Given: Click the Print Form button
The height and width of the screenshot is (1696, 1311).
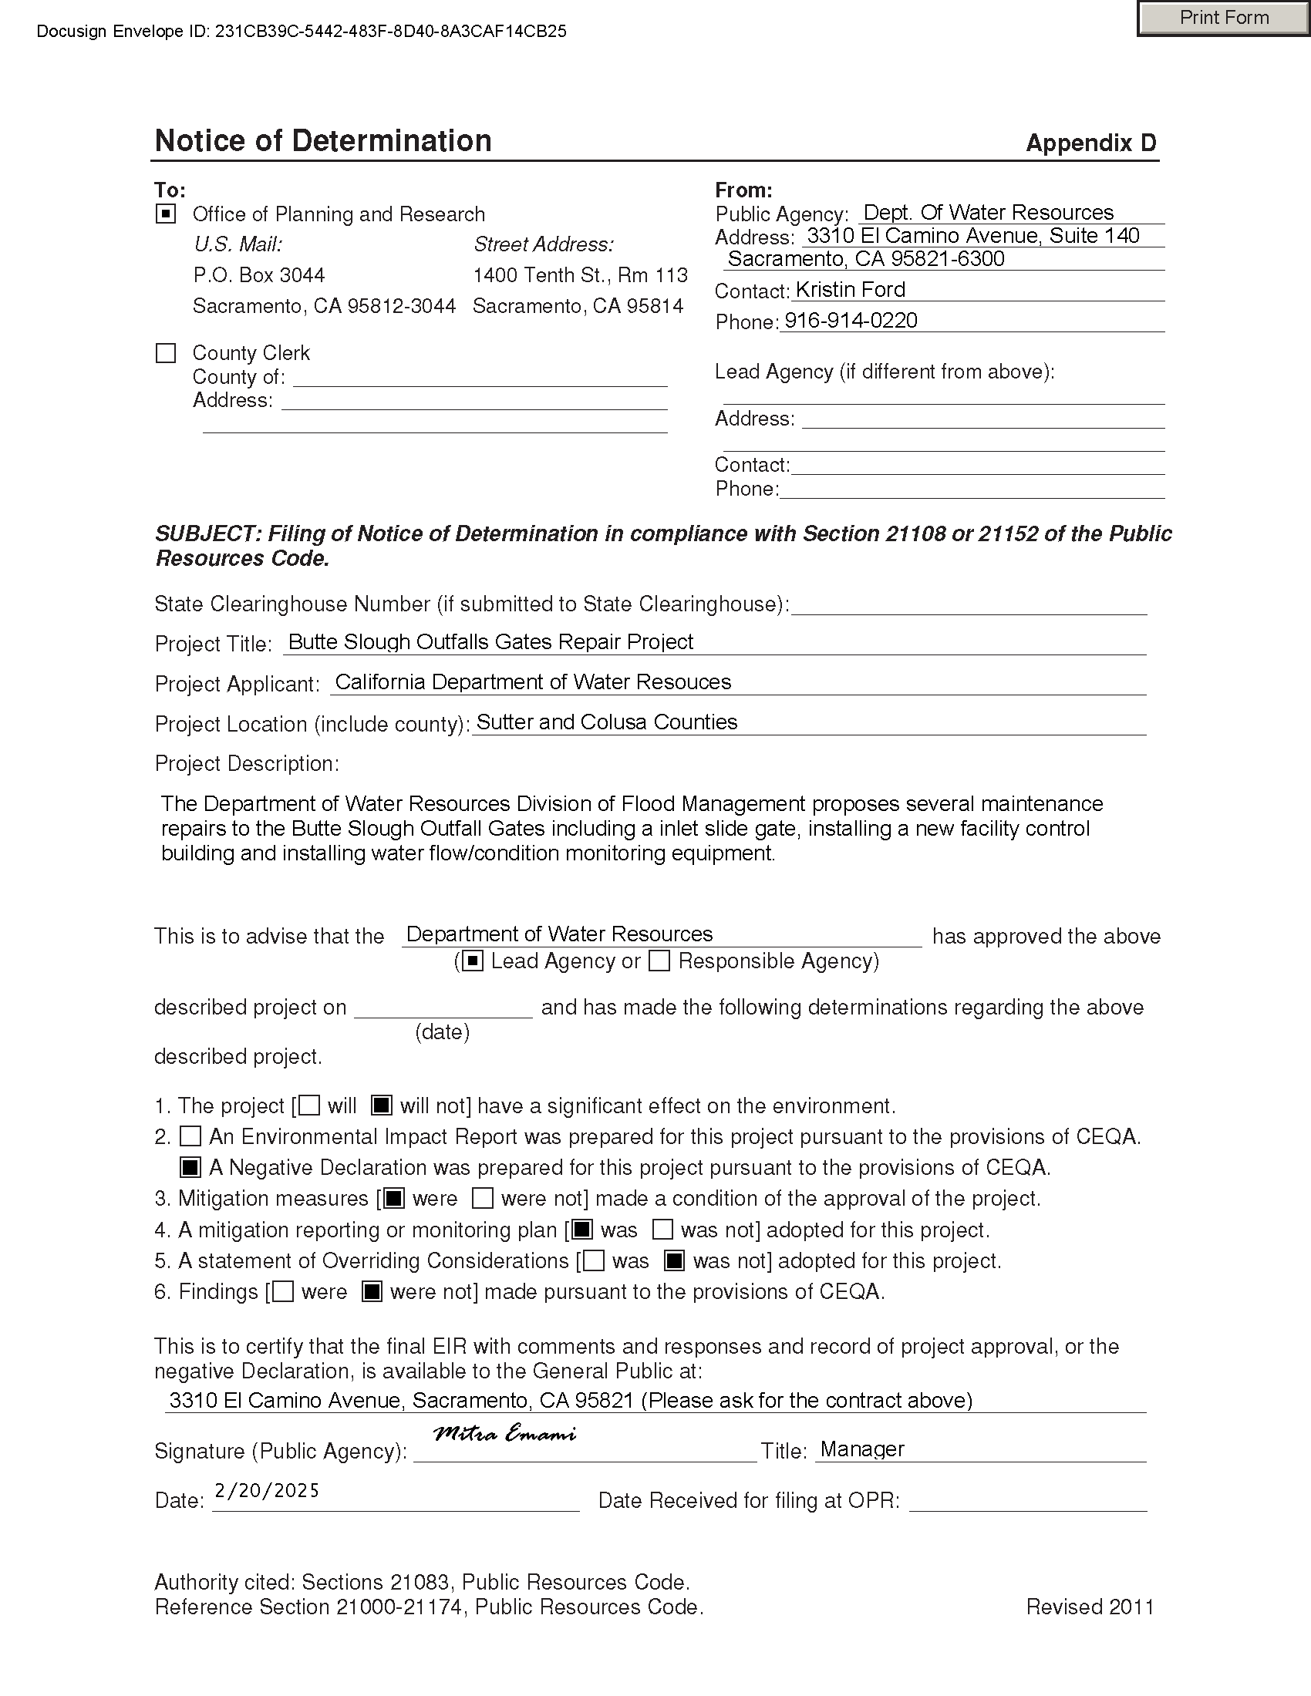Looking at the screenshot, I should pyautogui.click(x=1223, y=18).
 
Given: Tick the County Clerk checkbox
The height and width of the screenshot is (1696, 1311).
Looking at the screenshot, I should pyautogui.click(x=167, y=353).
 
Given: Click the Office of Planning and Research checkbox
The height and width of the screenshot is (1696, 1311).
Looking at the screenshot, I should pyautogui.click(x=167, y=214).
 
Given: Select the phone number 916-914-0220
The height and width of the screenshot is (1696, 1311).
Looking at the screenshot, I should pyautogui.click(x=851, y=321).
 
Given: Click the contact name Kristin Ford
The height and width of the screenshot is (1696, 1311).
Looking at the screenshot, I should pyautogui.click(x=851, y=290).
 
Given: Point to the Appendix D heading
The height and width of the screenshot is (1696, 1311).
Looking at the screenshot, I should pyautogui.click(x=1090, y=143).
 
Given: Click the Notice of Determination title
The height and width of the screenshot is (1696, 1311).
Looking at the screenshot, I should pyautogui.click(x=323, y=141).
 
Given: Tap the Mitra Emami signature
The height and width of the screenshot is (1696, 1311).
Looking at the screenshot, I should pyautogui.click(x=505, y=1434).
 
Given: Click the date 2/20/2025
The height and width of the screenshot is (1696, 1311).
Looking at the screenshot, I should pyautogui.click(x=266, y=1490).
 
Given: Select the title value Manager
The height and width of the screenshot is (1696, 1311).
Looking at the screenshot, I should pyautogui.click(x=862, y=1449).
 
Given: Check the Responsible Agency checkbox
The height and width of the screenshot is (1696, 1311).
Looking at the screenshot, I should pyautogui.click(x=659, y=961).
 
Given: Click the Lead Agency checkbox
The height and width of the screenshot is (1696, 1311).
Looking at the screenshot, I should pyautogui.click(x=473, y=961).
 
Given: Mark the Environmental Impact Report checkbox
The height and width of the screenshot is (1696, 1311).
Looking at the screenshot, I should pyautogui.click(x=190, y=1137).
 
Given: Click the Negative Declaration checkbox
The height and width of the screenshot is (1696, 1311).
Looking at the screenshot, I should pyautogui.click(x=190, y=1167).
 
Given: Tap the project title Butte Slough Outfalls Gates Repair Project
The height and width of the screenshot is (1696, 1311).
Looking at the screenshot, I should pyautogui.click(x=490, y=642).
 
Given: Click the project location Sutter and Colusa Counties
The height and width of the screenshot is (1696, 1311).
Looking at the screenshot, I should pyautogui.click(x=607, y=722).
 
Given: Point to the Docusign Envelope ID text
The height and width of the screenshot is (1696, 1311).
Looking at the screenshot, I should pyautogui.click(x=302, y=32).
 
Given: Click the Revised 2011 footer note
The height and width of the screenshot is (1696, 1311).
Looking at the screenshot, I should pyautogui.click(x=1090, y=1607).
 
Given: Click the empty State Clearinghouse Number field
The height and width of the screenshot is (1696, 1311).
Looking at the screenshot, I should pyautogui.click(x=968, y=604).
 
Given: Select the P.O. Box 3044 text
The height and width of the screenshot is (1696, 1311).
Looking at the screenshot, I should pyautogui.click(x=258, y=275).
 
